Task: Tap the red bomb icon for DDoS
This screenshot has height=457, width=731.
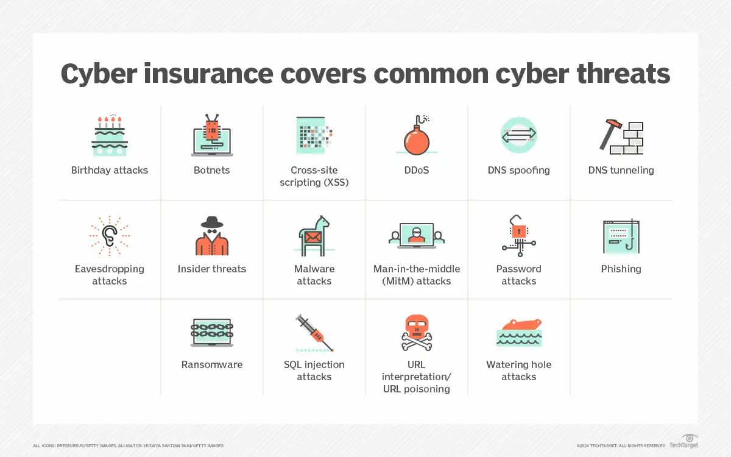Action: pyautogui.click(x=417, y=139)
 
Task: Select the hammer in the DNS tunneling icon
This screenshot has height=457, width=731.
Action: pyautogui.click(x=609, y=134)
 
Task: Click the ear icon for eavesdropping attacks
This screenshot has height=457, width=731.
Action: pyautogui.click(x=110, y=235)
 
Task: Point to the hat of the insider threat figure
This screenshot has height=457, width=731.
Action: pyautogui.click(x=212, y=222)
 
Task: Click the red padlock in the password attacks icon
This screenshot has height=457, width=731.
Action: pyautogui.click(x=518, y=232)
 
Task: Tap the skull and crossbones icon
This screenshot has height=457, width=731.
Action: pyautogui.click(x=417, y=333)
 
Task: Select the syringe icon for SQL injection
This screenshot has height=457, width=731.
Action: pyautogui.click(x=314, y=333)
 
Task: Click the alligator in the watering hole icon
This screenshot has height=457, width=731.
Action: pyautogui.click(x=519, y=325)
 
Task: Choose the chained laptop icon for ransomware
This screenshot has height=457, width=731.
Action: pyautogui.click(x=212, y=332)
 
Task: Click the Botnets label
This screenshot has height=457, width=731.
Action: pyautogui.click(x=212, y=170)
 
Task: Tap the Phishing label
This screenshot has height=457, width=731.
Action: pyautogui.click(x=621, y=269)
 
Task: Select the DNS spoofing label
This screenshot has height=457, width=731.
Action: pyautogui.click(x=519, y=170)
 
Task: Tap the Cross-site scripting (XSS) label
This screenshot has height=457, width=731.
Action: pyautogui.click(x=314, y=176)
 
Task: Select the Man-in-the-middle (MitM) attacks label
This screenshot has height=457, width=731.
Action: pyautogui.click(x=417, y=275)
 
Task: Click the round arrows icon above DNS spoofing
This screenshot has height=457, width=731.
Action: pyautogui.click(x=519, y=135)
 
